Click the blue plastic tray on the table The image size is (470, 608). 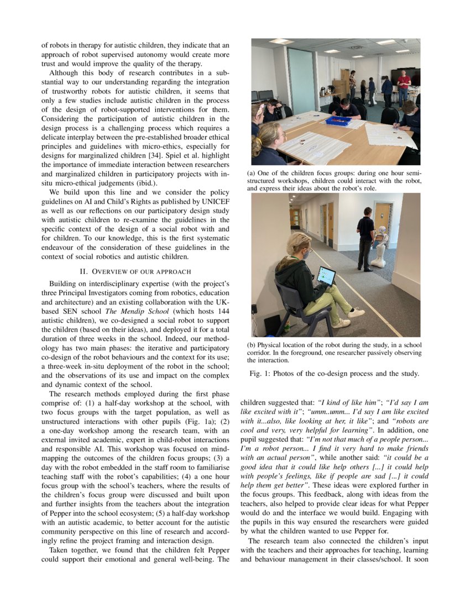[338, 120]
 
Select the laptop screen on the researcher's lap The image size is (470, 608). [326, 275]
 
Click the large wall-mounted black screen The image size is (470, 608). [405, 75]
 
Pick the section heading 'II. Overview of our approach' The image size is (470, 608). [135, 271]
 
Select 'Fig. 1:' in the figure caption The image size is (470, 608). [262, 374]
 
